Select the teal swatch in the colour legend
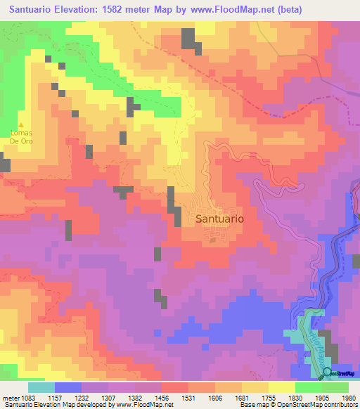(x=41, y=387)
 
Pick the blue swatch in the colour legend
(x=68, y=387)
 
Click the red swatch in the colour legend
(x=175, y=387)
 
